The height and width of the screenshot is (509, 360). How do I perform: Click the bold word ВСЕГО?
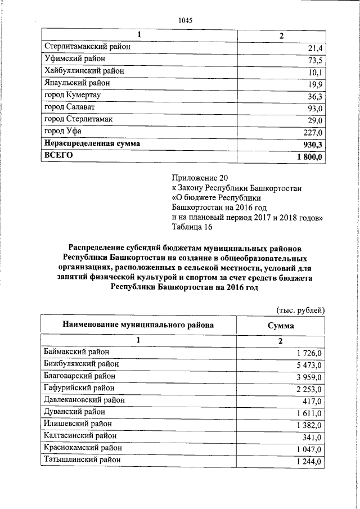pos(58,156)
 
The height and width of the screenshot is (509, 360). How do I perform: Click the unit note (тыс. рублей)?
pos(300,310)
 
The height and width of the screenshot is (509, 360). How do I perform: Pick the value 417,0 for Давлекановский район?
pos(312,401)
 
